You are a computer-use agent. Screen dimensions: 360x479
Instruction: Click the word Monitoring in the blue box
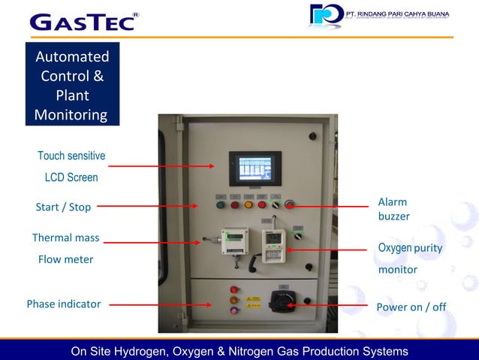pos(71,115)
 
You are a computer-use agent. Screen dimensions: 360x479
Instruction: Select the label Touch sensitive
pos(71,156)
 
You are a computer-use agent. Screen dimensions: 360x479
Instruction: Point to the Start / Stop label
pos(63,207)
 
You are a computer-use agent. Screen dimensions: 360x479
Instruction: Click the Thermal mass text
pos(65,238)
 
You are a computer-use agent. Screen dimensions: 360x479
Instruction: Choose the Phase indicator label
pos(63,304)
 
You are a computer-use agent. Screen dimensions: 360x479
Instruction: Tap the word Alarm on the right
pos(392,202)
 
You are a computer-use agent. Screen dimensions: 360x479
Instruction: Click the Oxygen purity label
pos(410,248)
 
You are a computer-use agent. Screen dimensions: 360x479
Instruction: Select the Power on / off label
pos(411,307)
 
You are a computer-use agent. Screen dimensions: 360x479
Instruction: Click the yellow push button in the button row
pos(249,204)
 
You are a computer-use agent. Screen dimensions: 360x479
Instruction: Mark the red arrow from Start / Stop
pos(154,204)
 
